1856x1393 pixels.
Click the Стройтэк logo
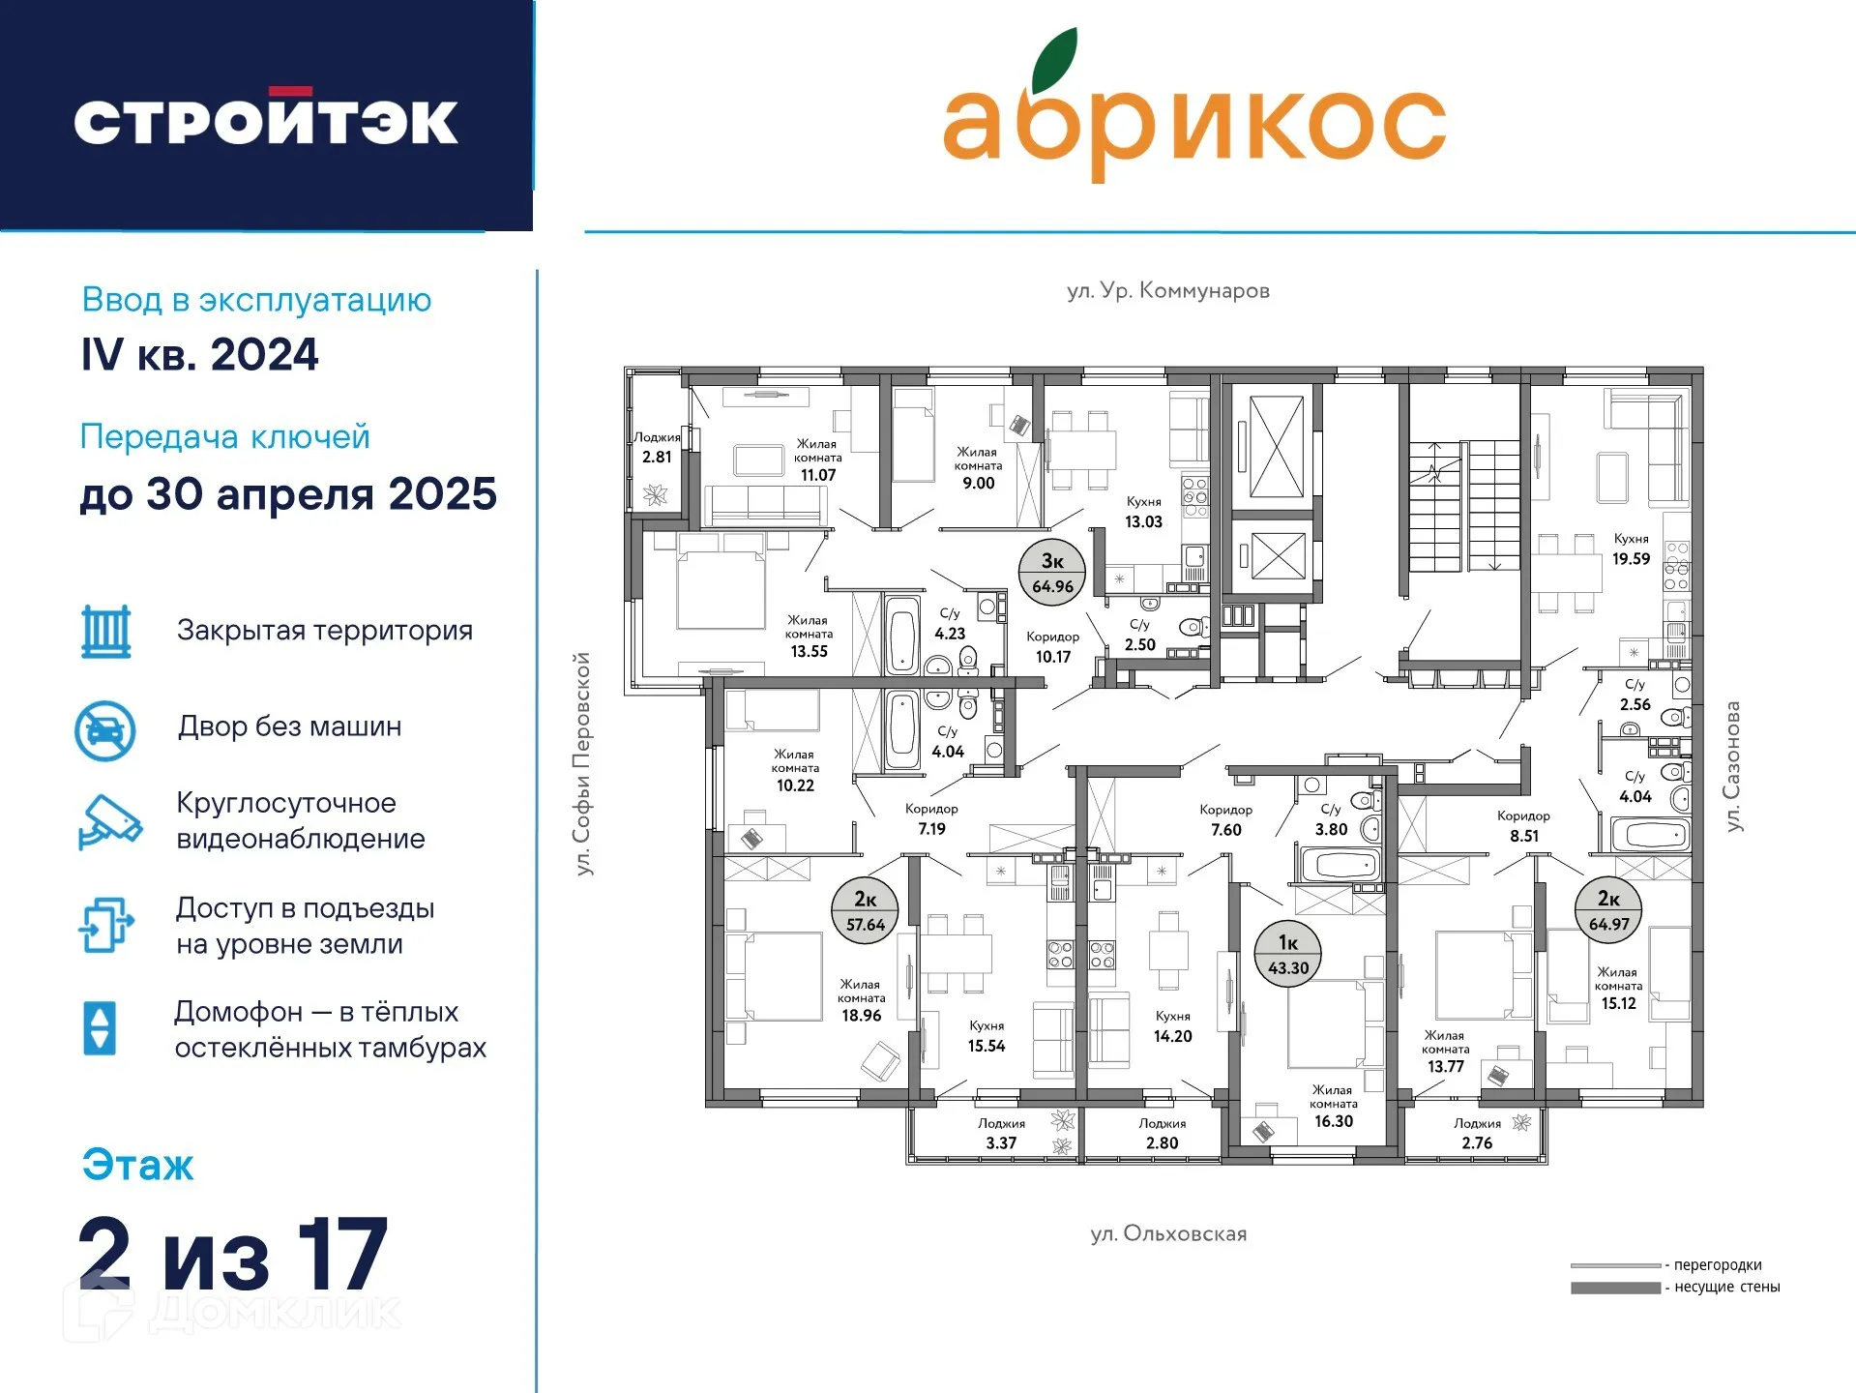266,118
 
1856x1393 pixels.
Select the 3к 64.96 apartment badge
1052,573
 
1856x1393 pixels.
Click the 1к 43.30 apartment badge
1288,955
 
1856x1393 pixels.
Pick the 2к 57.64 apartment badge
866,911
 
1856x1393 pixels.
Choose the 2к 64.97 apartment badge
1608,910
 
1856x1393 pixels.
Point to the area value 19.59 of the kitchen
1631,558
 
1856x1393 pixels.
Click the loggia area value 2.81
657,457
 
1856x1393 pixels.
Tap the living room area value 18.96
861,1015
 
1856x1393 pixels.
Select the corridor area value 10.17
1053,657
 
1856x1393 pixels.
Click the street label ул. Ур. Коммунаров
1168,290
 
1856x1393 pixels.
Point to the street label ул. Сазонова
1733,765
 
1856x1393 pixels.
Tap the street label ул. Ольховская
1168,1233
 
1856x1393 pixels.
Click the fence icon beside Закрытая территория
106,632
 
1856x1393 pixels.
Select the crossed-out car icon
105,730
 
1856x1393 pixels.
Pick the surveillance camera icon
109,822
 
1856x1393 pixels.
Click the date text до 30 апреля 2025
288,494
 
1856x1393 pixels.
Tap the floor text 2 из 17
233,1254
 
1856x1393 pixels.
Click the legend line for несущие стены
1615,1288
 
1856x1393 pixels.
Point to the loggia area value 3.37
1001,1142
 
